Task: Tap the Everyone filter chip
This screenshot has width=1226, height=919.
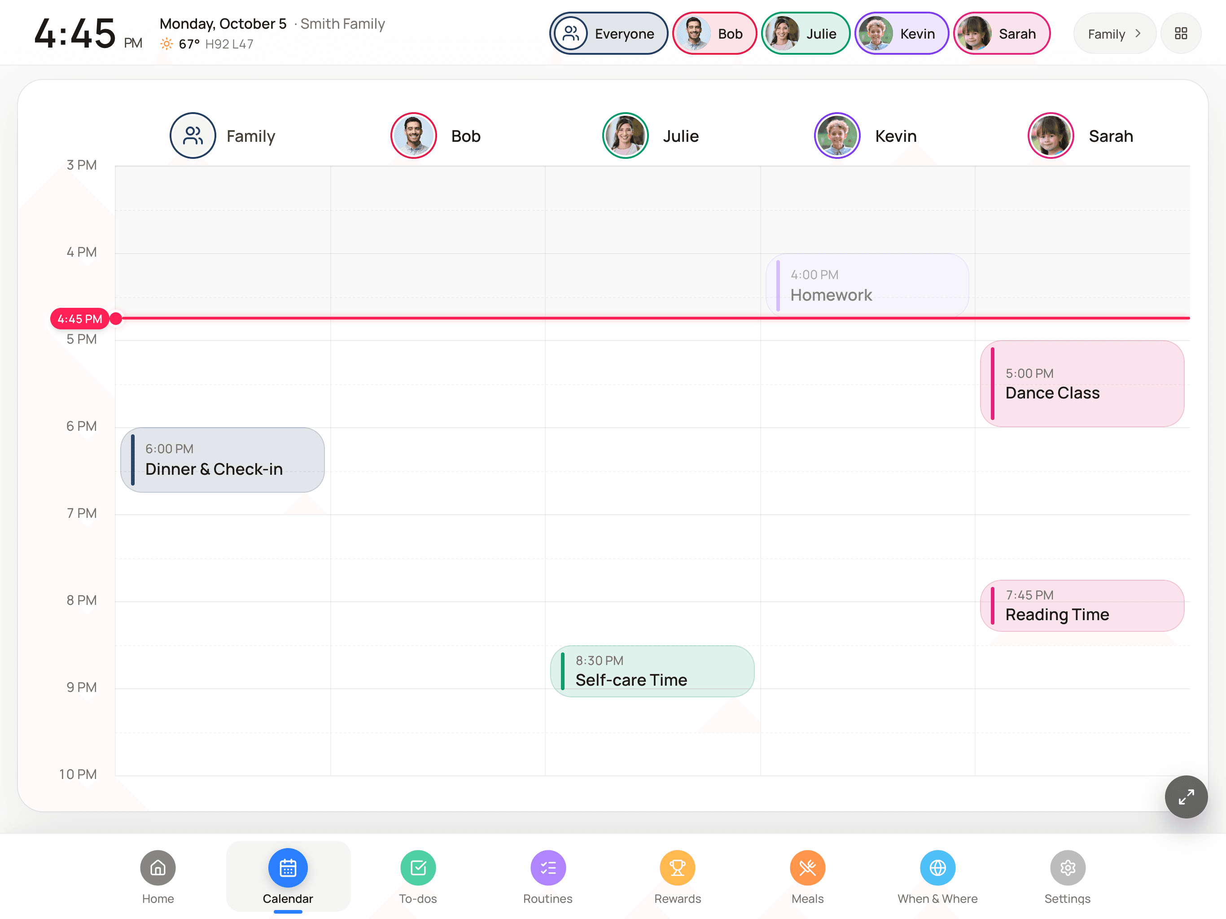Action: (608, 34)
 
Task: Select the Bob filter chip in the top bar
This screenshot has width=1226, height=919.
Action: (714, 34)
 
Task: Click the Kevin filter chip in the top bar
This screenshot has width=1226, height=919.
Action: (901, 34)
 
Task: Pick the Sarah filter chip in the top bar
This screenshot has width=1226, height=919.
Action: (1001, 34)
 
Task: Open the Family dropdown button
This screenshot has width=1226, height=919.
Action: (1114, 34)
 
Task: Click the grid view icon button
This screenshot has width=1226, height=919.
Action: (1181, 34)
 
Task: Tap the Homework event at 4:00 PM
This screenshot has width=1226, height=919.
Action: (867, 285)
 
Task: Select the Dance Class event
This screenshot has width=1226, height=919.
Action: (1082, 384)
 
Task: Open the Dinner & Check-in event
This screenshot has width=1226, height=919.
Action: (222, 460)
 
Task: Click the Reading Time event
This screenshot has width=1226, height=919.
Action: (1082, 606)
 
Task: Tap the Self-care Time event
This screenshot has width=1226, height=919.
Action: (652, 671)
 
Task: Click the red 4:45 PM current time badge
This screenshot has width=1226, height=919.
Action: (79, 319)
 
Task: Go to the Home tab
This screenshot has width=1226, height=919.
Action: (158, 876)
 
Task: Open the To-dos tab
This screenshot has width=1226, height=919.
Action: (418, 876)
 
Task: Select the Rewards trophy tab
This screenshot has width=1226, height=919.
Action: (677, 876)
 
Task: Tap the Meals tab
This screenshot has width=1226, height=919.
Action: (808, 876)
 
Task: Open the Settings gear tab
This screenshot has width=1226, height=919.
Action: (1068, 876)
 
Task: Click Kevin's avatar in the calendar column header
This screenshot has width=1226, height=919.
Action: (837, 136)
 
